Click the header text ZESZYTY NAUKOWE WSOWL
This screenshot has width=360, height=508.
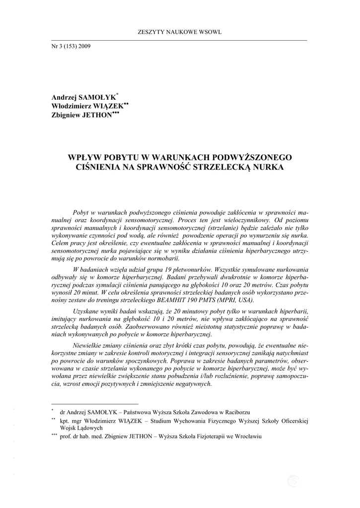click(179, 32)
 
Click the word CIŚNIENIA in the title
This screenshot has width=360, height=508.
click(96, 167)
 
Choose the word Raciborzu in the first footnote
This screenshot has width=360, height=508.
click(235, 412)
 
